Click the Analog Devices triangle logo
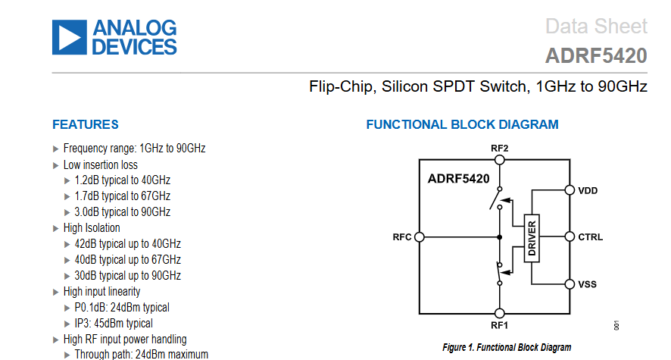[69, 37]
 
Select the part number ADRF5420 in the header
[596, 57]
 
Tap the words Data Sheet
[596, 27]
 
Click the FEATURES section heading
[86, 125]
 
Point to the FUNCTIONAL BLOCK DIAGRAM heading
[462, 125]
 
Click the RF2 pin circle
[499, 160]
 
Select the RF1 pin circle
[499, 313]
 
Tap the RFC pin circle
[420, 236]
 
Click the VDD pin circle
[570, 190]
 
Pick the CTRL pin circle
[570, 236]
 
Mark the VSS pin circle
[570, 284]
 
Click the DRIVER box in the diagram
[532, 239]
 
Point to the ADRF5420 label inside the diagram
[458, 180]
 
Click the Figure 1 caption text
[507, 347]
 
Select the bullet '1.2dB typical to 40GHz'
[123, 180]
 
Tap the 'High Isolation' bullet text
[92, 227]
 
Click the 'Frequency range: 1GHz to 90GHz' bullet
[134, 149]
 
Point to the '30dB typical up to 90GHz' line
[128, 276]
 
